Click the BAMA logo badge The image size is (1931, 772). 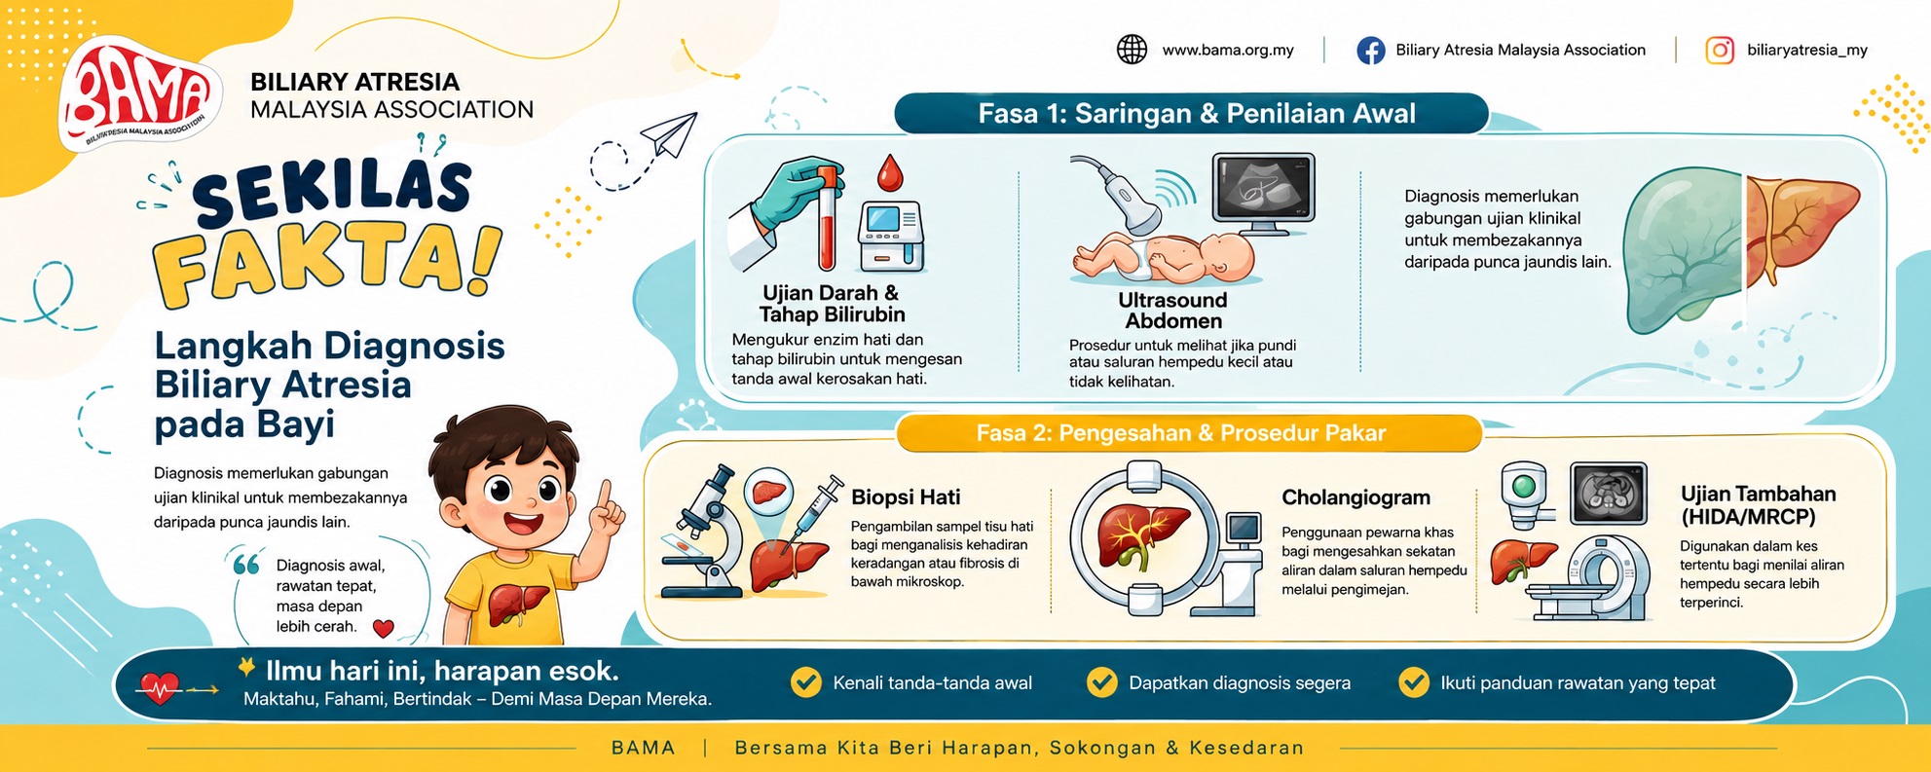[137, 95]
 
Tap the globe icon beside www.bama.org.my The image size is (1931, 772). [1132, 50]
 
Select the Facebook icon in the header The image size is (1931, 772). [1371, 51]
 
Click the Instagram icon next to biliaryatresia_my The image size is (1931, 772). [1720, 51]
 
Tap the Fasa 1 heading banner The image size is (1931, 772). [1193, 114]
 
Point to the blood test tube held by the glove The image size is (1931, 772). [827, 219]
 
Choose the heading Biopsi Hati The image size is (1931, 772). [906, 497]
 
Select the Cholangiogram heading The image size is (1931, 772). [1355, 497]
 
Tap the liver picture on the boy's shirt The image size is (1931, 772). [512, 604]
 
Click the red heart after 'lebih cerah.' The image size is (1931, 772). [384, 629]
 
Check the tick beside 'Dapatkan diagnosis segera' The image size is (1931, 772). [1101, 682]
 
